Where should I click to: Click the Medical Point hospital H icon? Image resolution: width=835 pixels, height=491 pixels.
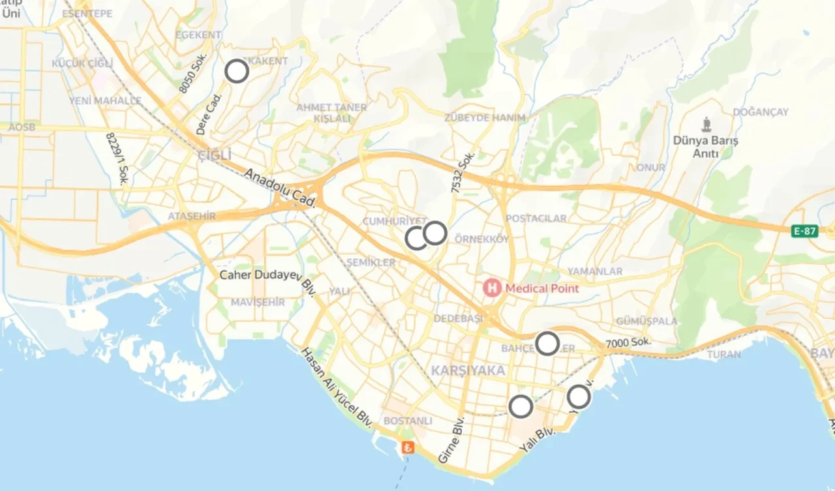pos(491,287)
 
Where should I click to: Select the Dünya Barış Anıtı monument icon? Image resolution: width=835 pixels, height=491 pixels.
pos(706,124)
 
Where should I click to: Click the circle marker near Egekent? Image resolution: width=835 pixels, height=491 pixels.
pos(237,70)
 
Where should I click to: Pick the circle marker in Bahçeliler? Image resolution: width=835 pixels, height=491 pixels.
pos(547,343)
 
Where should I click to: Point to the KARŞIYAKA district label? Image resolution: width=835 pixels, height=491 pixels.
pos(468,370)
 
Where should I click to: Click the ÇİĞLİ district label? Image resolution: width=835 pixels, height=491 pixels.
pos(215,155)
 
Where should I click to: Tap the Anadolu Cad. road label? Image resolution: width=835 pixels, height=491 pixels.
pos(281,189)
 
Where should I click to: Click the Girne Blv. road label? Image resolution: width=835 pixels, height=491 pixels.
pos(451,439)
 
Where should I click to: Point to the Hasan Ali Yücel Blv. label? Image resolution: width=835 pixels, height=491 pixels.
pos(337,388)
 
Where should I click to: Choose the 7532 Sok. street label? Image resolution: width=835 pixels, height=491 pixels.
pos(464,172)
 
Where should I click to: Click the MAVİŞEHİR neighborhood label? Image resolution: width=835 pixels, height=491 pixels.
pos(258,303)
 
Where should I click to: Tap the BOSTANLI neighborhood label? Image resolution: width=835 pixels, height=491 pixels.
pos(408,421)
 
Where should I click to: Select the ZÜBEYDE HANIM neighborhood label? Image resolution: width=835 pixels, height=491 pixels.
pos(485,117)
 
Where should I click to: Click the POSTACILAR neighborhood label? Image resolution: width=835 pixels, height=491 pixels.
pos(536,218)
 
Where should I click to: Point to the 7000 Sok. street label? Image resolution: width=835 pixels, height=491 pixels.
pos(628,344)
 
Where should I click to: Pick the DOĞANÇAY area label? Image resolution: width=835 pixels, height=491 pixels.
pos(761,112)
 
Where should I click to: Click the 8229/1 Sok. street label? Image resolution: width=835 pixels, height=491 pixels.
pos(117,158)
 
